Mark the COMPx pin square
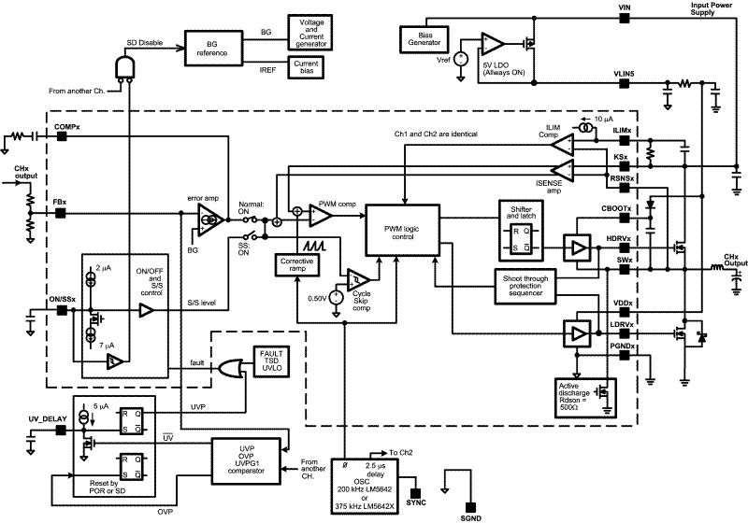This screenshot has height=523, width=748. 62,136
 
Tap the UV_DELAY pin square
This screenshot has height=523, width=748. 62,431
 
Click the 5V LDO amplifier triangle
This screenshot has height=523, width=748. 492,45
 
